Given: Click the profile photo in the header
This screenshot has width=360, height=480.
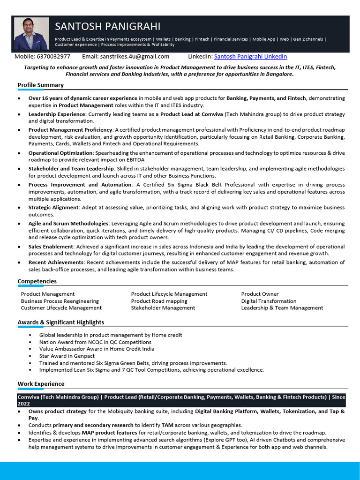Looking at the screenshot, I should click(31, 34).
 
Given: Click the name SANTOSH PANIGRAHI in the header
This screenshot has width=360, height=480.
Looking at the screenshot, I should click(107, 26).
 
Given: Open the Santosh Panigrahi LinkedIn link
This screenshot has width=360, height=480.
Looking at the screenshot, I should click(250, 57).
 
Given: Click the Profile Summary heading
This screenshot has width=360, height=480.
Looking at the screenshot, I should click(40, 85).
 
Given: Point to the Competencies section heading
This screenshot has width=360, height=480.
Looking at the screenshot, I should click(37, 281).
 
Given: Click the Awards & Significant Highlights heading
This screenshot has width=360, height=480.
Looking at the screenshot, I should click(61, 322).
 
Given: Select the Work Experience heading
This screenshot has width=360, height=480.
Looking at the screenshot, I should click(41, 384).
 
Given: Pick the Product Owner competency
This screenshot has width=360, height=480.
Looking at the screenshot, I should click(260, 294).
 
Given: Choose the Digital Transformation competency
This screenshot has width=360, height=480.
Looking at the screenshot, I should click(269, 301).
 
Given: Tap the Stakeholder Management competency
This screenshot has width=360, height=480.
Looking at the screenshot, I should click(163, 308).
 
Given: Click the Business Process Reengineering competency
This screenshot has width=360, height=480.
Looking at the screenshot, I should click(60, 301).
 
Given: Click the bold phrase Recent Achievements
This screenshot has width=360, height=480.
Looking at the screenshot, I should click(56, 262).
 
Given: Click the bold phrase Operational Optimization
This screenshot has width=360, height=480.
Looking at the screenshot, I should click(60, 153).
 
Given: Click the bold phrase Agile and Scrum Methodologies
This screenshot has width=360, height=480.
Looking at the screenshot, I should click(68, 224).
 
